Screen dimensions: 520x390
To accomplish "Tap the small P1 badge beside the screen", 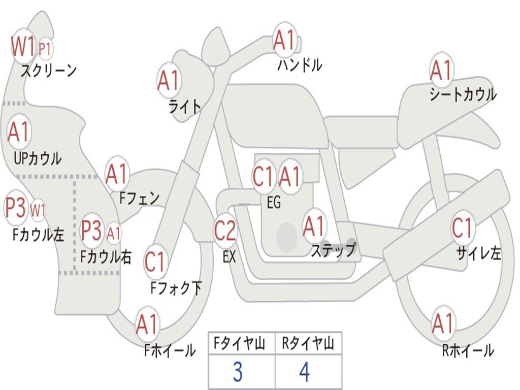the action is click(x=45, y=49).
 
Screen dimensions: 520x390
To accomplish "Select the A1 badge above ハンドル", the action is click(x=284, y=40).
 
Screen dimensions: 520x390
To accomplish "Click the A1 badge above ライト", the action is click(x=169, y=80).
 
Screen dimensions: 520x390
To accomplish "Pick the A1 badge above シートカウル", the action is click(x=441, y=70).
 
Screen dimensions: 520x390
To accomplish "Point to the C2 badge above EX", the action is click(x=225, y=231).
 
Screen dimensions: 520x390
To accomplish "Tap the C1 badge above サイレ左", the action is click(x=463, y=228).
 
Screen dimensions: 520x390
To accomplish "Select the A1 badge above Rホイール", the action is click(x=443, y=323).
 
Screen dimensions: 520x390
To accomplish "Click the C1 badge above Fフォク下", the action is click(x=155, y=262).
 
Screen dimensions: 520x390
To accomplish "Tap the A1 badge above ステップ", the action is click(x=314, y=226).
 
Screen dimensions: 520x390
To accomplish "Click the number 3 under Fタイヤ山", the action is click(x=237, y=372).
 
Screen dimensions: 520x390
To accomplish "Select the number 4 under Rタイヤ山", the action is click(x=304, y=372).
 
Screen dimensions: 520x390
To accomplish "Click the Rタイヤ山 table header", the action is click(x=308, y=345).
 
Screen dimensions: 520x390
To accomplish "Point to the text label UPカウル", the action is click(x=38, y=158).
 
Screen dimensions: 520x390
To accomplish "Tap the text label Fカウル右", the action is click(x=106, y=256).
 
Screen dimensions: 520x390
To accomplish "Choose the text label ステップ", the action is click(x=333, y=250).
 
